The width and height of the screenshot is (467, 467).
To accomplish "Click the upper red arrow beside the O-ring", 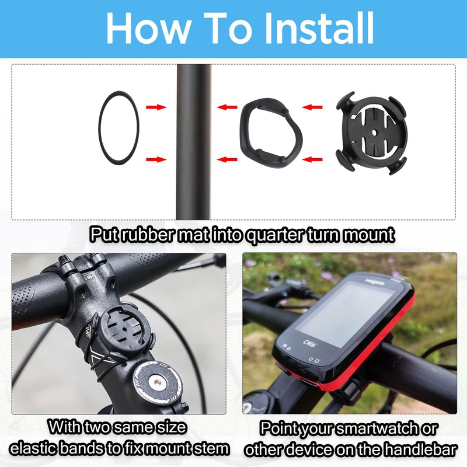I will point(155,107).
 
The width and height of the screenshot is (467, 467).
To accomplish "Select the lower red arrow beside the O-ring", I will point(155,159).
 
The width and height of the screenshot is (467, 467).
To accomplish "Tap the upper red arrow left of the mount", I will point(314,107).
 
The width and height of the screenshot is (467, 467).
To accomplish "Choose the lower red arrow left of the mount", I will point(314,159).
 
